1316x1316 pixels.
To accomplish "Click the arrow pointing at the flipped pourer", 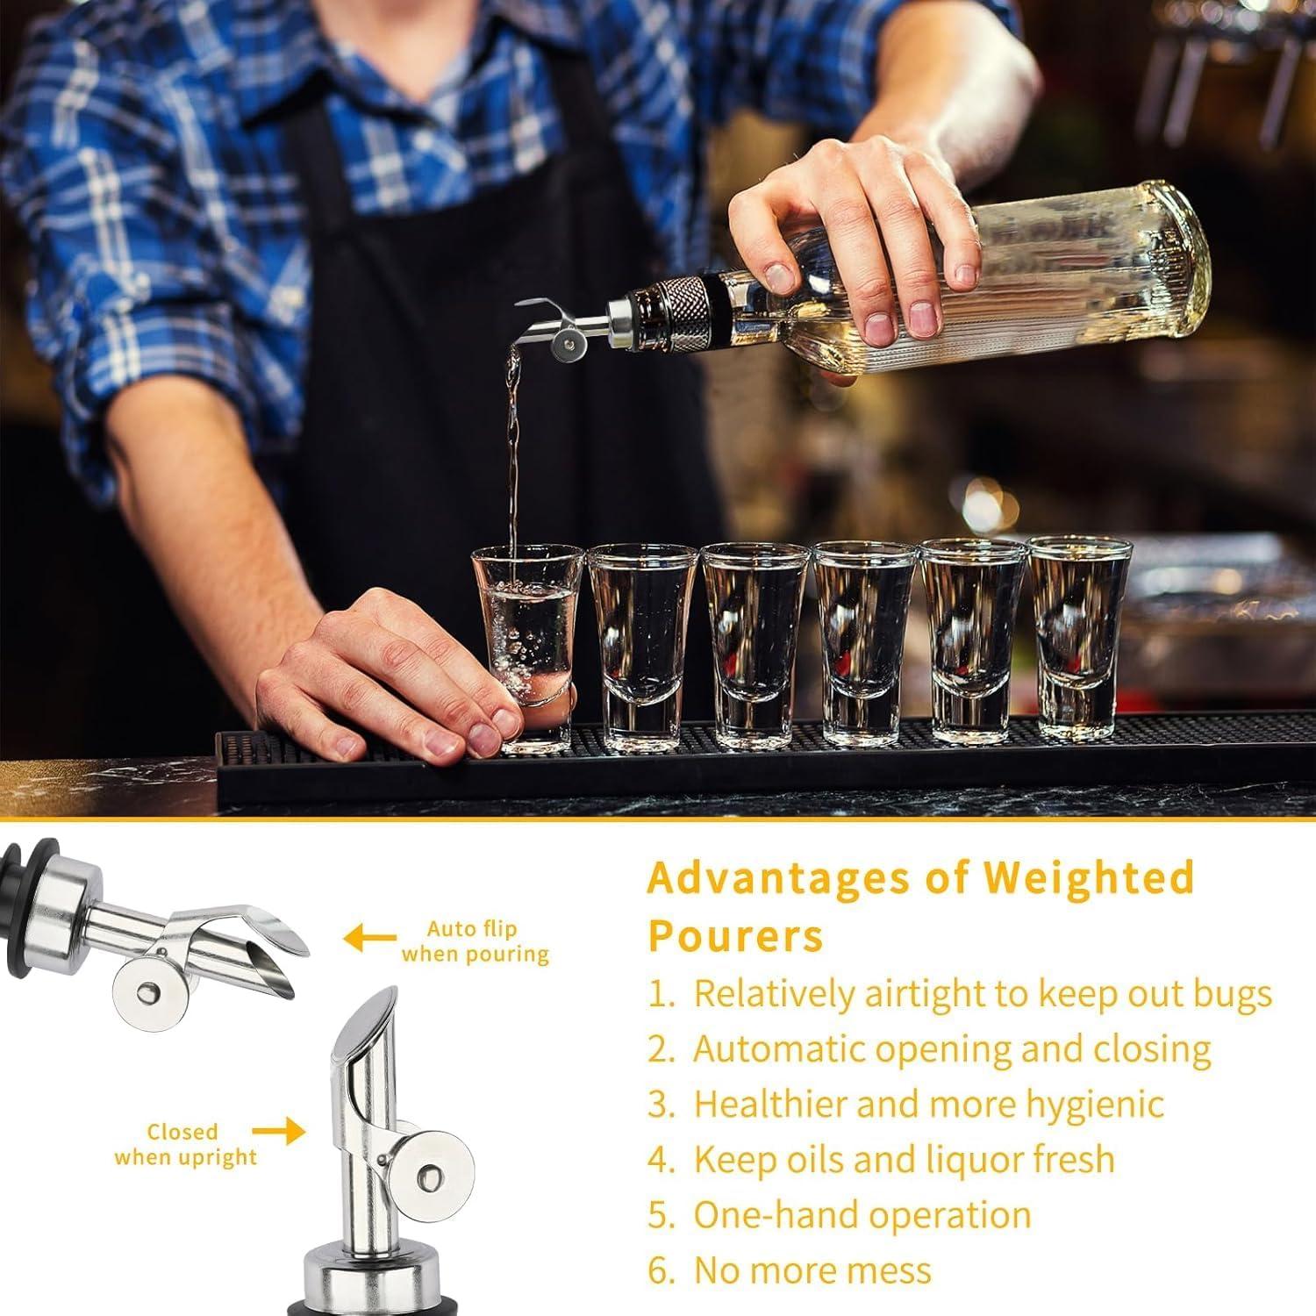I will coord(368,940).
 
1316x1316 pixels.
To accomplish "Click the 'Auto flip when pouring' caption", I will coord(475,941).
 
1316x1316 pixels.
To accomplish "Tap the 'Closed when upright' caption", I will coord(184,1144).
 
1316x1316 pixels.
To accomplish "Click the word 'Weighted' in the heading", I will coord(1088,877).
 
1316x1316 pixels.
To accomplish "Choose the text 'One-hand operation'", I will coord(862,1215).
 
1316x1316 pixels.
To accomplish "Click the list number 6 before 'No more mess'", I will coord(658,1271).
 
